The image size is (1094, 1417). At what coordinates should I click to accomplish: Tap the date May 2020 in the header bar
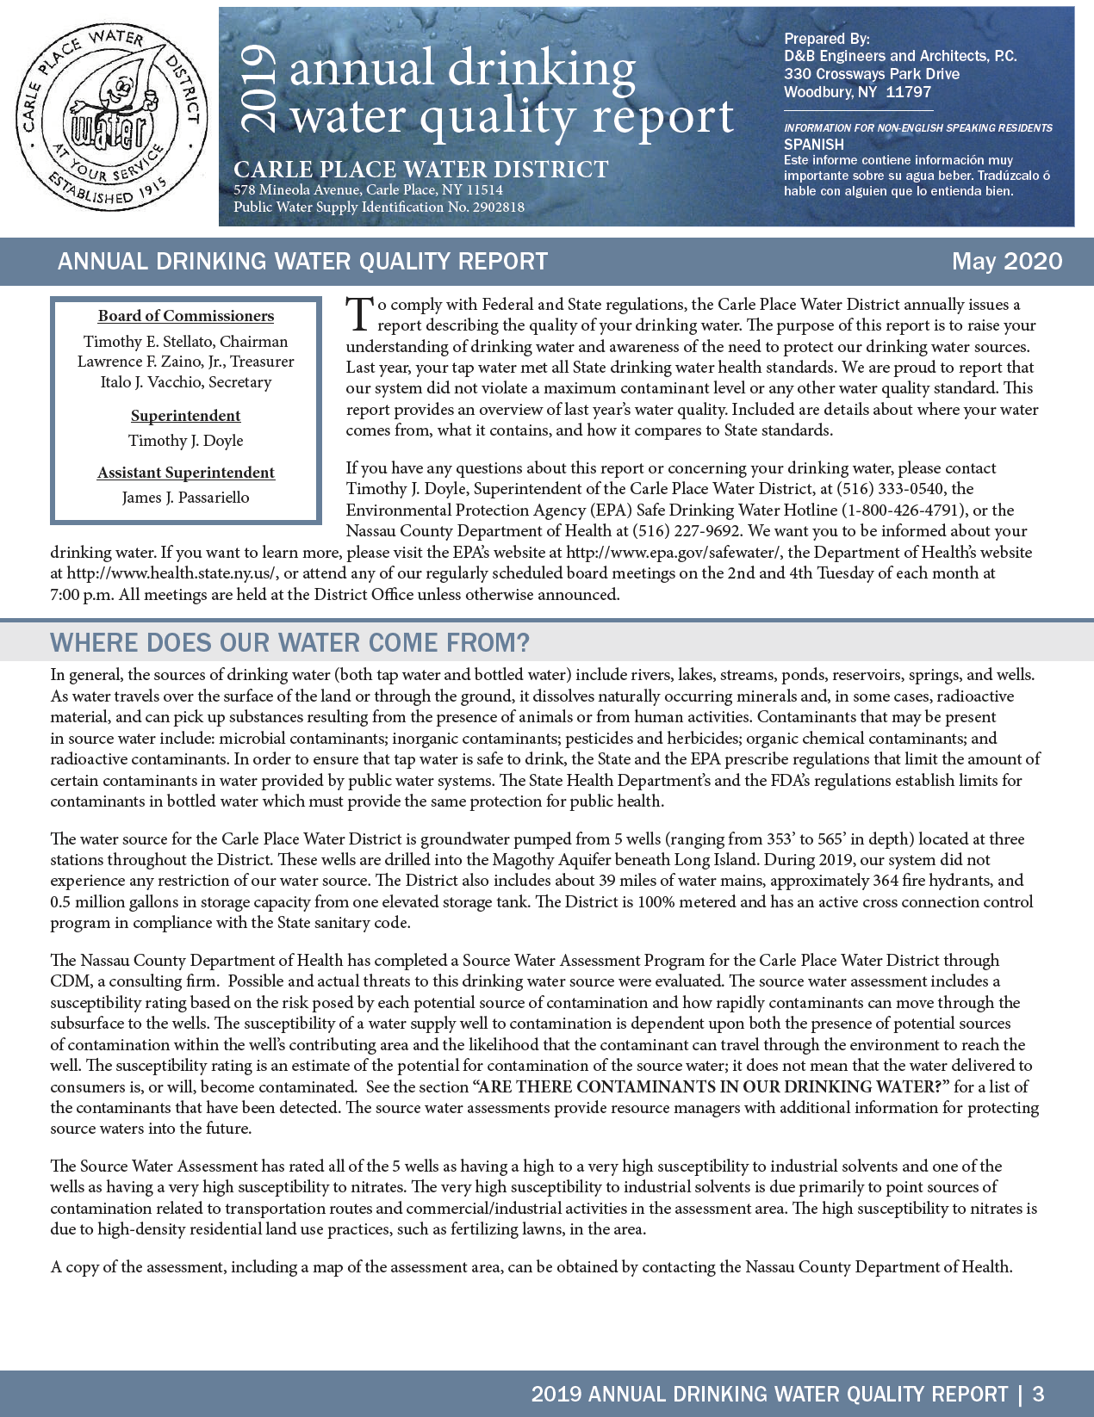click(1006, 261)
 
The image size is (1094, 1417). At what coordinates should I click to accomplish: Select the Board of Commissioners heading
click(186, 316)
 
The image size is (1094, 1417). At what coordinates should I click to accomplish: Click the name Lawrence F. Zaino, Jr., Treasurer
click(186, 362)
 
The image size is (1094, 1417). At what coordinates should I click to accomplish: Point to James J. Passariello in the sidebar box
click(186, 498)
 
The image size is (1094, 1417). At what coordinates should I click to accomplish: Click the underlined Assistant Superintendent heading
click(186, 473)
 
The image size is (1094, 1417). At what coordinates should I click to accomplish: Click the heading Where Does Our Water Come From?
click(290, 643)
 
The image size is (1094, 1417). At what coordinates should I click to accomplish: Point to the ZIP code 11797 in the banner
click(909, 92)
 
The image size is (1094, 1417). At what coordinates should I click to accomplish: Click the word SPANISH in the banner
click(814, 145)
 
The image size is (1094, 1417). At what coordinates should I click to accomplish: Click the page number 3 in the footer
click(1038, 1395)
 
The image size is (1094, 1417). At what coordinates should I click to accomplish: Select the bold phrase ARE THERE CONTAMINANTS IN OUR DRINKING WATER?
click(711, 1086)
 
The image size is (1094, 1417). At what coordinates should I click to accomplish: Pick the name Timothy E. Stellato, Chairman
click(186, 342)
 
